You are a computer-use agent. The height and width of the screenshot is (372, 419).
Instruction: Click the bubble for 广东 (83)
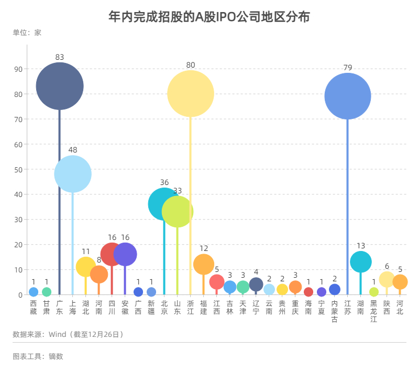tap(60, 86)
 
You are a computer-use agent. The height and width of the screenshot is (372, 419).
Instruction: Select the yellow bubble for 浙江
tap(191, 94)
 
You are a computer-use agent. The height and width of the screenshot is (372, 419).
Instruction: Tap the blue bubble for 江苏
tap(348, 96)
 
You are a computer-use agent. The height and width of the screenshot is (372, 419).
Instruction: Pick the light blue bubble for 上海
tap(73, 174)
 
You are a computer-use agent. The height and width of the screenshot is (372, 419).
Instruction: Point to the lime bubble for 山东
tap(178, 212)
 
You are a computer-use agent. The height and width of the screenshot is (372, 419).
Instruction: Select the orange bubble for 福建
tap(204, 265)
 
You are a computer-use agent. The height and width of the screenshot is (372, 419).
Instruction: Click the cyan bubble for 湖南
tap(361, 262)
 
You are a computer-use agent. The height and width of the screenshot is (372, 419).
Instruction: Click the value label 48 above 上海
tap(73, 150)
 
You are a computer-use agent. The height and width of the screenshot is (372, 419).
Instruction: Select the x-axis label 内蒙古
tap(335, 311)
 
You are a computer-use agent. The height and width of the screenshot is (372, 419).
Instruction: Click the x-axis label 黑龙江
tap(374, 311)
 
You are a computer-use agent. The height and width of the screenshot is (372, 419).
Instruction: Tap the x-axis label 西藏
tap(34, 308)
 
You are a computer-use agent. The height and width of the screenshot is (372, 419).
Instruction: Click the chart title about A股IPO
tap(210, 17)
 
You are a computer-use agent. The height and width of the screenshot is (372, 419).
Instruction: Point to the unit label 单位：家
tap(27, 33)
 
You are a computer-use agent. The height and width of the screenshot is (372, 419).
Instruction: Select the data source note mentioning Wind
tap(68, 334)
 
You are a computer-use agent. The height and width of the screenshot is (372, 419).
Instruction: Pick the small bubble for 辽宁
tap(256, 285)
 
